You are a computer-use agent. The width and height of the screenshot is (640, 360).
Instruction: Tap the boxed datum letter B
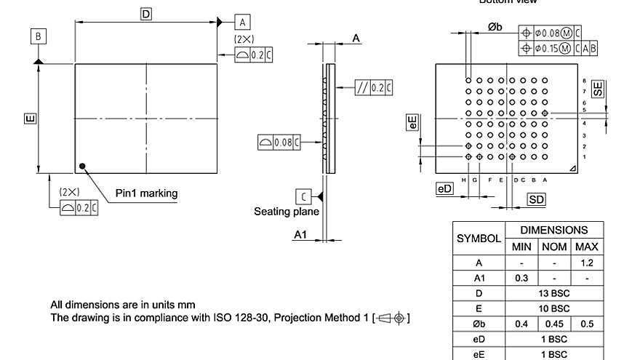tap(39, 36)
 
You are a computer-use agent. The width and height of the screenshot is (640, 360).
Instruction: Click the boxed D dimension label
tap(146, 14)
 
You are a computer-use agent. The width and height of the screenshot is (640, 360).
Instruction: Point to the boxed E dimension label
tap(30, 118)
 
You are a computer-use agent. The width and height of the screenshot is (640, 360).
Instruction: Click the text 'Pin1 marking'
tap(146, 193)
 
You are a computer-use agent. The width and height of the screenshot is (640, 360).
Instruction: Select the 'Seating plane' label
tap(286, 212)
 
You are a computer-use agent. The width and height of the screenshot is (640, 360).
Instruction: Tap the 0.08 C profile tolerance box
tap(279, 143)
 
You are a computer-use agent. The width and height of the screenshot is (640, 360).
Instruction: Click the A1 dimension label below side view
tap(300, 235)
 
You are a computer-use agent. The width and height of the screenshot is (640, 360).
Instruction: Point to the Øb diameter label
tap(495, 27)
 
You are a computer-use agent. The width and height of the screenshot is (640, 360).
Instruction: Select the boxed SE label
tap(597, 89)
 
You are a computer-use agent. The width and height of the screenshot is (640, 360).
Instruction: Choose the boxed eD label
tap(444, 189)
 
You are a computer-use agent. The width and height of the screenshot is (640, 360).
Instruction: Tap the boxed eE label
tap(412, 122)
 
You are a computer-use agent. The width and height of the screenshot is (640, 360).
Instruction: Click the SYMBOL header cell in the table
tap(479, 239)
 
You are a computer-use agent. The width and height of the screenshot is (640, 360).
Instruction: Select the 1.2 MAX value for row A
tap(587, 263)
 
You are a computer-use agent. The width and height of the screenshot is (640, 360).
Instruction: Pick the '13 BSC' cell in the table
tap(554, 293)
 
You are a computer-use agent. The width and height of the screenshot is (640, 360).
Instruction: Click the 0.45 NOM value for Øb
tap(554, 324)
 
